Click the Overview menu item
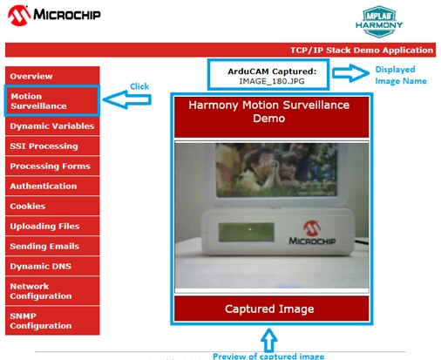click(x=52, y=76)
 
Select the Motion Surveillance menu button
click(x=52, y=101)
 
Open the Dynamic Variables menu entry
click(x=52, y=126)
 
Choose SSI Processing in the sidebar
click(x=52, y=146)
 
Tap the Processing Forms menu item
click(x=52, y=166)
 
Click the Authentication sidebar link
click(x=52, y=186)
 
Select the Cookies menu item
click(x=52, y=206)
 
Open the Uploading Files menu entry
click(x=52, y=226)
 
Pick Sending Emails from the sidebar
click(x=52, y=246)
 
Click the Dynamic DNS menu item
click(x=52, y=266)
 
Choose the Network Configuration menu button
click(x=52, y=291)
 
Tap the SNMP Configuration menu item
click(x=52, y=321)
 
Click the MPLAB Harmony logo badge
click(x=379, y=22)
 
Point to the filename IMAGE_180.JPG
click(x=272, y=81)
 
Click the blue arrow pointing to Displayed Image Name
click(x=350, y=72)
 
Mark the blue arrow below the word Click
click(x=127, y=99)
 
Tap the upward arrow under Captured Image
click(x=268, y=339)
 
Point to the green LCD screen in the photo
click(x=247, y=232)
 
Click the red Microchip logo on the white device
click(x=312, y=228)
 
